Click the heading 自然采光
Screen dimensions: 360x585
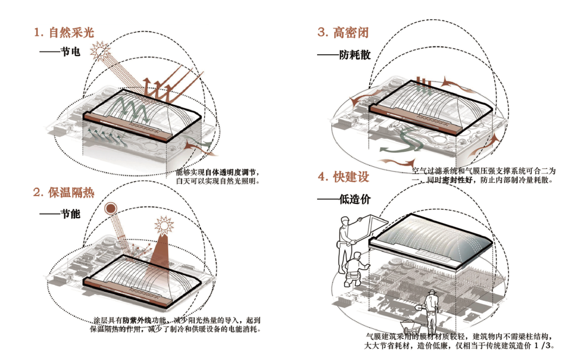(x=71, y=33)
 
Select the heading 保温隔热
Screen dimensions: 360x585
(x=71, y=193)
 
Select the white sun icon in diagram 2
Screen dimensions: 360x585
(x=164, y=226)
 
